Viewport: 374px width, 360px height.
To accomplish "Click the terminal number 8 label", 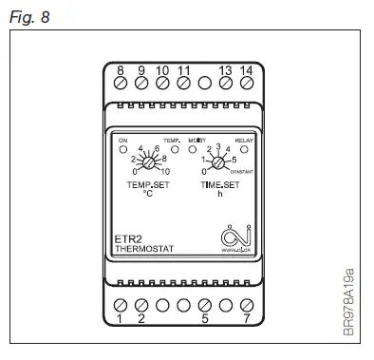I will (x=121, y=70).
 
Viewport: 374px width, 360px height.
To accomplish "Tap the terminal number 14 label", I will (x=246, y=70).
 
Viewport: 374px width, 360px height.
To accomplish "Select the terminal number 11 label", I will (x=183, y=70).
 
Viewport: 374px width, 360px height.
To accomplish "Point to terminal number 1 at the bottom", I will (x=121, y=320).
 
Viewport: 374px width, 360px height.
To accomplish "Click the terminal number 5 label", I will (x=204, y=320).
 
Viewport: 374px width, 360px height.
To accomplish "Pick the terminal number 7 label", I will (x=246, y=320).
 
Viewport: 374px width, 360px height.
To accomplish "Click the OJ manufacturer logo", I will (x=231, y=236).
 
